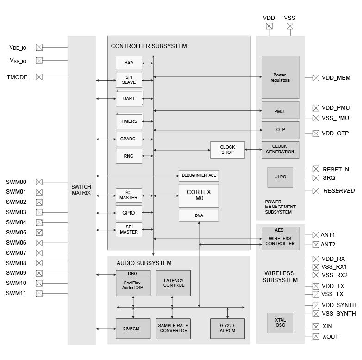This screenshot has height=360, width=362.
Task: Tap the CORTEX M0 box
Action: tap(199, 195)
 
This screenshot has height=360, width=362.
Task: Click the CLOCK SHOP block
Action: tap(227, 150)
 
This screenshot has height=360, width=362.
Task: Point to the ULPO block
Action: tap(280, 177)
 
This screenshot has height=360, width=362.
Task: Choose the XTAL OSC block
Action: tap(280, 322)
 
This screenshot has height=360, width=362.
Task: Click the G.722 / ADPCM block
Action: tap(227, 328)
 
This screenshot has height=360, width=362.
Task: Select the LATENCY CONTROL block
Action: tap(174, 283)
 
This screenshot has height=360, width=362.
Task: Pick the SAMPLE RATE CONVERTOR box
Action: tap(174, 328)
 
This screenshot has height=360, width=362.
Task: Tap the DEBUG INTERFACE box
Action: tap(199, 176)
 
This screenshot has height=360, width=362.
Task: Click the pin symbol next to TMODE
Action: tap(39, 77)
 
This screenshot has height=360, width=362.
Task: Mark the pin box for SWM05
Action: tap(39, 233)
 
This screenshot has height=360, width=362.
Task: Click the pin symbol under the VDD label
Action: tap(269, 26)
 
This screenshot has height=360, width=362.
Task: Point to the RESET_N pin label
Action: tap(336, 170)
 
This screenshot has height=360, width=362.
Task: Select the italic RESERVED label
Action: tap(339, 190)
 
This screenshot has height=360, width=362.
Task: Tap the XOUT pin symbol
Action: tap(316, 337)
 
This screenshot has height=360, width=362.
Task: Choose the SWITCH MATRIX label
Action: tap(81, 189)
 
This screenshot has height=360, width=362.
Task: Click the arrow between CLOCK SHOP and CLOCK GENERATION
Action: tap(253, 150)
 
